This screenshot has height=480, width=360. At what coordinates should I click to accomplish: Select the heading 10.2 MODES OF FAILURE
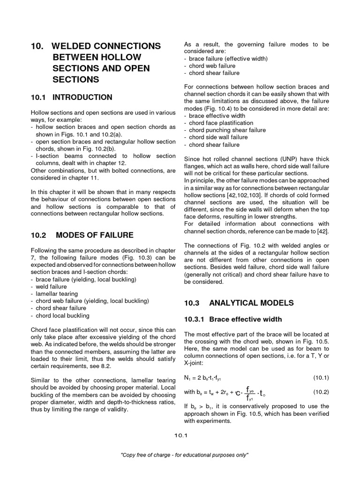(82, 235)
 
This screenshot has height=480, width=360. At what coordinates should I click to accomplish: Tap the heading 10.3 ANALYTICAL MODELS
(239, 303)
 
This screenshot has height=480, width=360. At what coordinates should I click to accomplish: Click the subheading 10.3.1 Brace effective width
(233, 319)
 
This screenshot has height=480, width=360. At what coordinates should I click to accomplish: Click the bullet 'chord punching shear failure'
(227, 130)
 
